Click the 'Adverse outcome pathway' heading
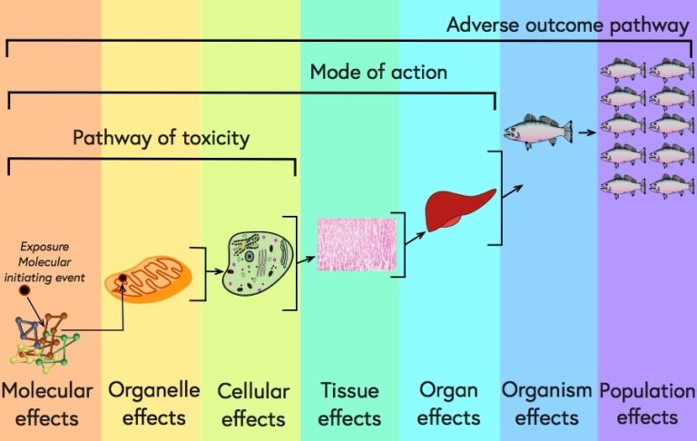pyautogui.click(x=567, y=24)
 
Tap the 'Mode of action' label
pyautogui.click(x=378, y=71)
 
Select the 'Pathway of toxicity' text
pyautogui.click(x=161, y=138)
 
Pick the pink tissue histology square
pyautogui.click(x=356, y=246)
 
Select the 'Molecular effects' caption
pyautogui.click(x=46, y=404)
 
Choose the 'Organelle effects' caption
pyautogui.click(x=153, y=403)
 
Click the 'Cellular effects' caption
pyautogui.click(x=253, y=405)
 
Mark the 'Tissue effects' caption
pyautogui.click(x=349, y=404)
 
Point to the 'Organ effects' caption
pyautogui.click(x=448, y=403)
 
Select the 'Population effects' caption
pyautogui.click(x=646, y=403)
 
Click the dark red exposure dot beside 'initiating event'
pyautogui.click(x=25, y=290)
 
